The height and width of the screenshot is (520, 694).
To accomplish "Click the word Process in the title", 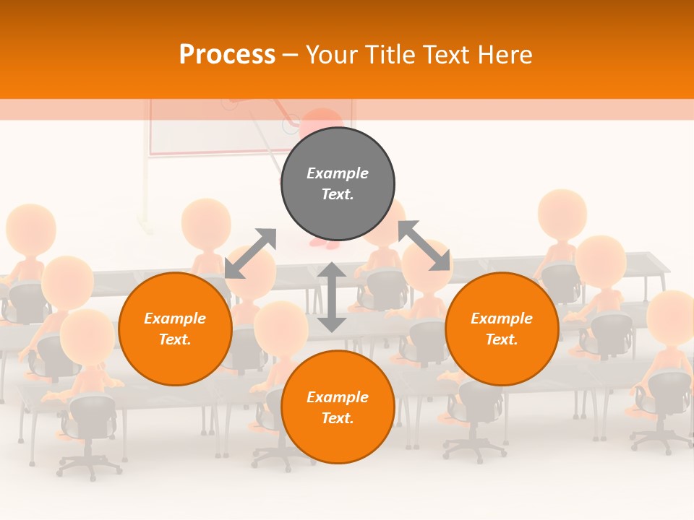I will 227,55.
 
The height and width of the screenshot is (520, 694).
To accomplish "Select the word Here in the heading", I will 504,55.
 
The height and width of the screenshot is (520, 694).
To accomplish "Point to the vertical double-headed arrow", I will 332,297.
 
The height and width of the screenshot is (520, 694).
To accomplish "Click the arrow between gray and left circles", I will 250,253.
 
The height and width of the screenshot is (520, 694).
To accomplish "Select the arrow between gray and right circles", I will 424,246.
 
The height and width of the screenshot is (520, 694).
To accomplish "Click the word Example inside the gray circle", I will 338,173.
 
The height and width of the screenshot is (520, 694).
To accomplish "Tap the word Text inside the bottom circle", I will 338,418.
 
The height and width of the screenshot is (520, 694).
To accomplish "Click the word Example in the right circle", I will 502,318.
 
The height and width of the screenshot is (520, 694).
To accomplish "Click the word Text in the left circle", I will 175,339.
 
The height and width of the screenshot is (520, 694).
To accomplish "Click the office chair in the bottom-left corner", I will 88,433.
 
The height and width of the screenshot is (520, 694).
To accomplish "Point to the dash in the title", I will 290,56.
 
